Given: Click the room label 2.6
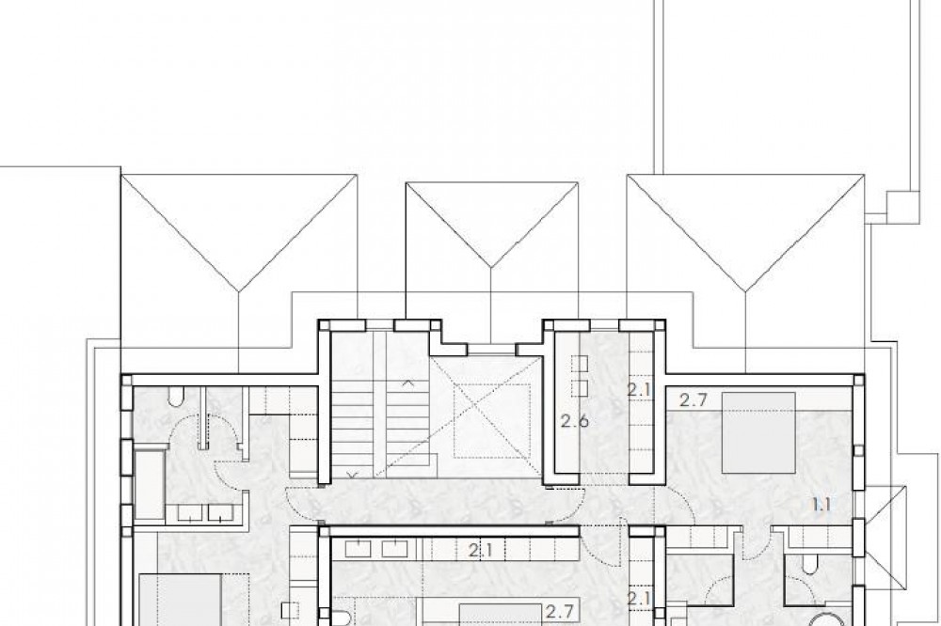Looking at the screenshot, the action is pos(574,421).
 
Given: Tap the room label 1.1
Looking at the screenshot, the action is pos(821,505).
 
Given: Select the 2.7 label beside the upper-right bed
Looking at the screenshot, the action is pos(694,400).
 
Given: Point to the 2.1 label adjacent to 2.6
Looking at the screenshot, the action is pos(639,390).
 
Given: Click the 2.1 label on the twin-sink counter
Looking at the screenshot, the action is pos(481,550).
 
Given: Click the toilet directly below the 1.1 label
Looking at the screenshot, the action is pos(808,564).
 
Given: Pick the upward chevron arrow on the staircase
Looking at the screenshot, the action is pos(408,382).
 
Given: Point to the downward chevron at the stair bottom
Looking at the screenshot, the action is pos(353,475).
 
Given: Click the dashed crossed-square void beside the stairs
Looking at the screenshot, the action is pos(491,420).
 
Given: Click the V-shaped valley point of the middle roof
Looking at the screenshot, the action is pos(492,266).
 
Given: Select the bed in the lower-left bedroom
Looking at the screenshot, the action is pos(181,600).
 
